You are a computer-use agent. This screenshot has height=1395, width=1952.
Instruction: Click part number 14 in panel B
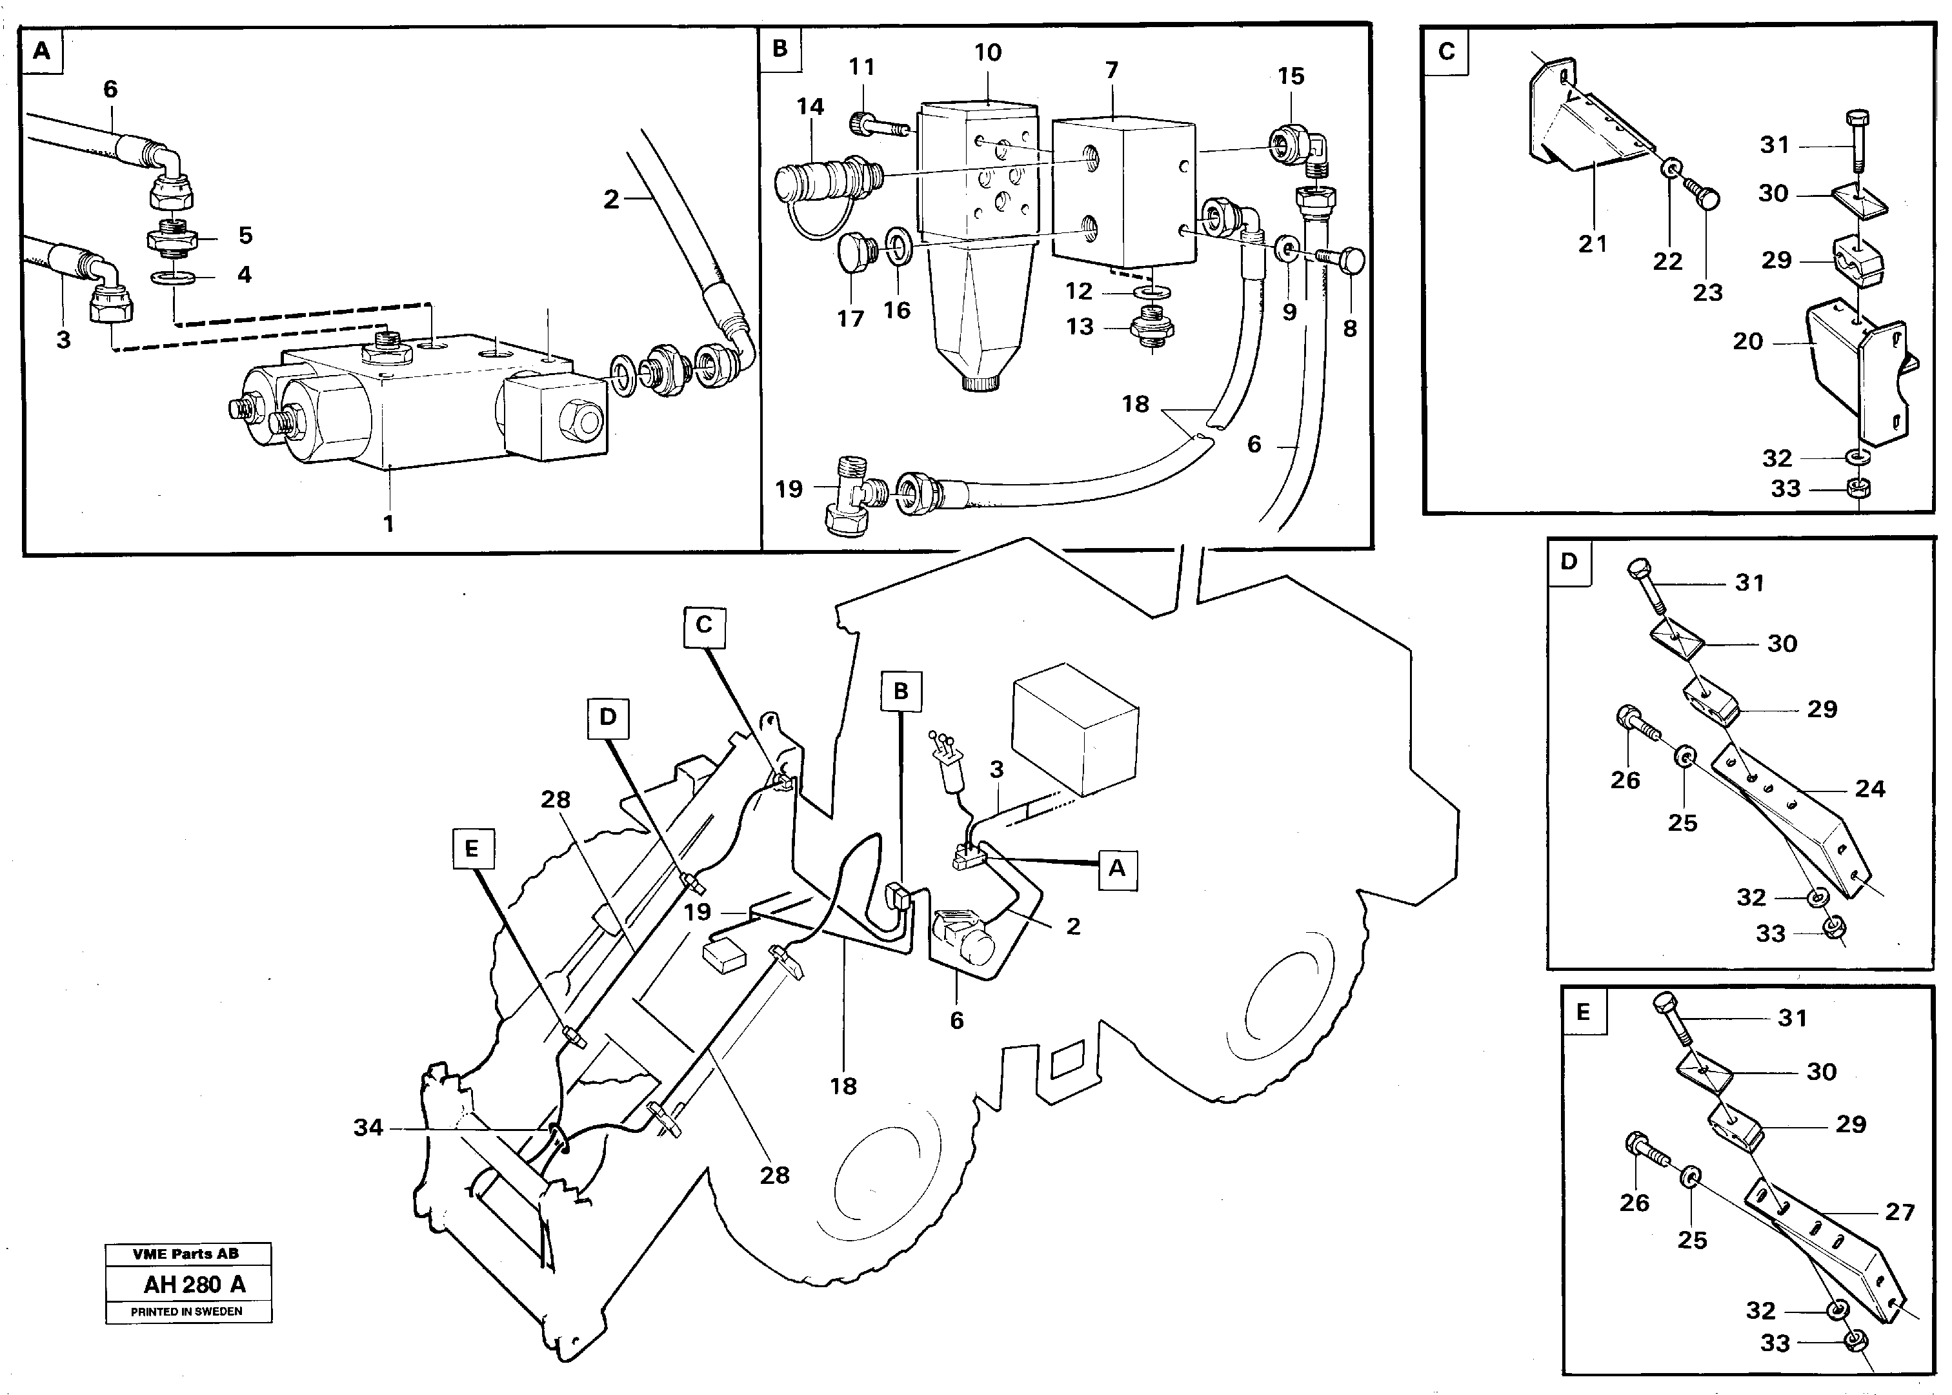point(810,107)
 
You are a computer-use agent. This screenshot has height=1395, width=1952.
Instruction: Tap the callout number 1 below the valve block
point(388,523)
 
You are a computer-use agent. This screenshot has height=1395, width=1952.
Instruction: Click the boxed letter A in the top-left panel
point(42,51)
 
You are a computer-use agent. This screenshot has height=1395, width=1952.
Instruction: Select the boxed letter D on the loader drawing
point(608,717)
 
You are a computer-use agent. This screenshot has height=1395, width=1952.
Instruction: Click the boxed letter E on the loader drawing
point(472,849)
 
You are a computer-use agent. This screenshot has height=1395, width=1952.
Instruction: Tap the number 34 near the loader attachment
point(368,1127)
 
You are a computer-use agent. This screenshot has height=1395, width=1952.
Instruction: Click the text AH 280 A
point(194,1284)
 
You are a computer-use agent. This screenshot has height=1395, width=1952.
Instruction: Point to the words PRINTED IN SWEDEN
point(186,1312)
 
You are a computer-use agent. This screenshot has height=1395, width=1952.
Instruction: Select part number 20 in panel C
point(1747,342)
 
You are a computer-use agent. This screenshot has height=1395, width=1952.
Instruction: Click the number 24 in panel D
point(1869,789)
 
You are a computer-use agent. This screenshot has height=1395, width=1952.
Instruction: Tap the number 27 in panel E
point(1900,1212)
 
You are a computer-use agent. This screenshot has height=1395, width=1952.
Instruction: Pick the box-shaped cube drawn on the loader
point(1075,728)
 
